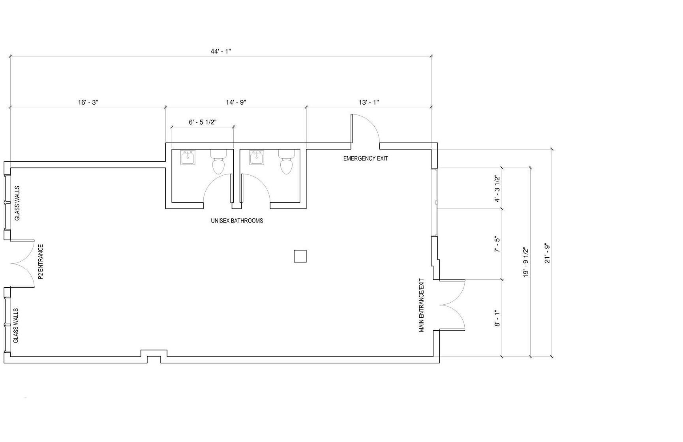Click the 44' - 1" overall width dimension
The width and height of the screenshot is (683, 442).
(x=220, y=52)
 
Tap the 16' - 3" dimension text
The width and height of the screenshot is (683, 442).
(x=88, y=102)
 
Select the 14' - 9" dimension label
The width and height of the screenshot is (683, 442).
(x=236, y=102)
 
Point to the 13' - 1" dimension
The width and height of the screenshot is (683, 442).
(x=369, y=102)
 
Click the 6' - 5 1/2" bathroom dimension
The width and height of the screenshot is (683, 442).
(x=203, y=122)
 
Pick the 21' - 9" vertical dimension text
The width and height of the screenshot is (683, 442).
(x=547, y=253)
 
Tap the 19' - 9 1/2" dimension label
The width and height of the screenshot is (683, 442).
(x=526, y=262)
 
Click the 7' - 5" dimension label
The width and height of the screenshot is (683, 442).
(x=497, y=245)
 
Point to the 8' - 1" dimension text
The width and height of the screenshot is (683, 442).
(x=497, y=319)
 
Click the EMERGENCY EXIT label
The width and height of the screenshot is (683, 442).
(x=366, y=158)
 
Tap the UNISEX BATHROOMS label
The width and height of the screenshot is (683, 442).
(x=237, y=221)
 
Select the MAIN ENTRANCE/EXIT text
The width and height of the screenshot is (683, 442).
(x=421, y=305)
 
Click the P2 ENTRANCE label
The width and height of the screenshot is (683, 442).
(x=40, y=262)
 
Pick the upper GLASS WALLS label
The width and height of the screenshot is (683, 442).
(x=17, y=203)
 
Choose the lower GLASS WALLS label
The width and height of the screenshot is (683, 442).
(x=16, y=326)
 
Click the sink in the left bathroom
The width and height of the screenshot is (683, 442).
(x=188, y=157)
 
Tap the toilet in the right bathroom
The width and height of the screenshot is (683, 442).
(x=287, y=161)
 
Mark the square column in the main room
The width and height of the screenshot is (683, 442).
(x=300, y=256)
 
